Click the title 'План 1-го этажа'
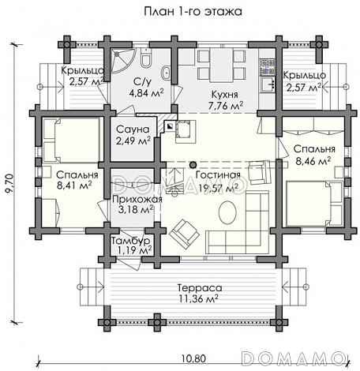pyautogui.click(x=193, y=12)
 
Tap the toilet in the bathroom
pyautogui.click(x=146, y=58)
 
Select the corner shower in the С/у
pyautogui.click(x=122, y=60)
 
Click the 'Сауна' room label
pyautogui.click(x=133, y=129)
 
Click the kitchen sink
pyautogui.click(x=268, y=84)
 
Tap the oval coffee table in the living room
pyautogui.click(x=227, y=212)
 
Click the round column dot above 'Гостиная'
pyautogui.click(x=193, y=165)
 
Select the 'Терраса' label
pyautogui.click(x=200, y=288)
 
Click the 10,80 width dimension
pyautogui.click(x=193, y=358)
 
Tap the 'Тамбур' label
pyautogui.click(x=131, y=241)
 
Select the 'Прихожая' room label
pyautogui.click(x=137, y=199)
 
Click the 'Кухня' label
pyautogui.click(x=225, y=95)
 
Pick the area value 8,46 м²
pyautogui.click(x=313, y=161)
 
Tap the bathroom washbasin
pyautogui.click(x=167, y=73)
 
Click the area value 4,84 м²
pyautogui.click(x=146, y=92)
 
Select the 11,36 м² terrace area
pyautogui.click(x=199, y=299)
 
